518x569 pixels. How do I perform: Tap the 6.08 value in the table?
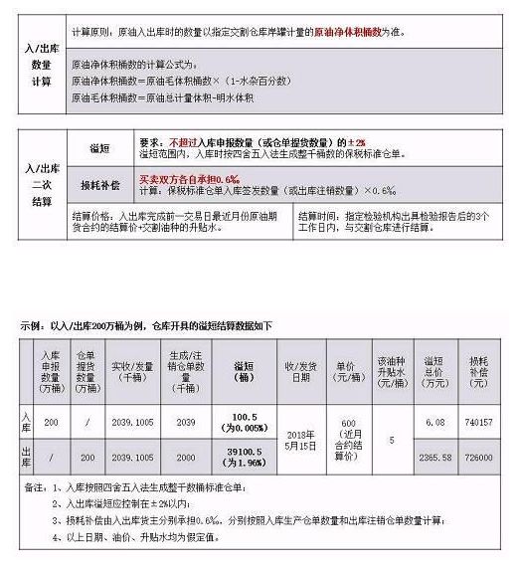(x=433, y=422)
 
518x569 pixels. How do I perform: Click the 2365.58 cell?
(x=433, y=461)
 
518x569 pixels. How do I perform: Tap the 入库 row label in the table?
(x=27, y=422)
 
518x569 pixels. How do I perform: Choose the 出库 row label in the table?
(x=27, y=460)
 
